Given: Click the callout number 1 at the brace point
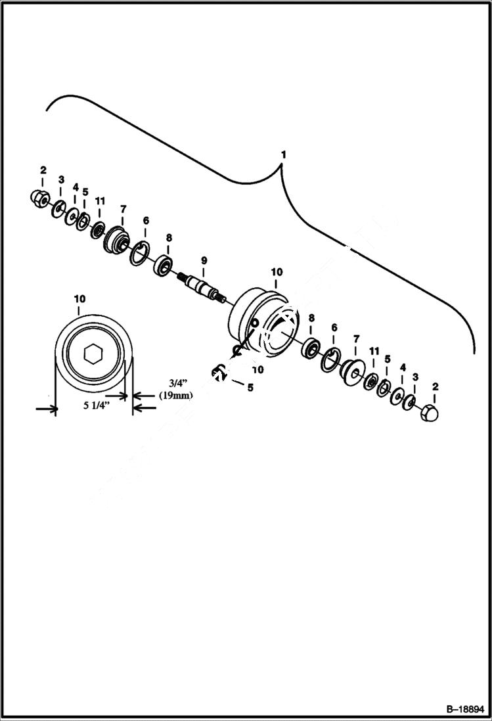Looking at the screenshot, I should tap(283, 154).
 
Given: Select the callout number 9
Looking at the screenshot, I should tap(204, 260).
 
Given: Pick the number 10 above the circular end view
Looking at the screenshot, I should tap(79, 299).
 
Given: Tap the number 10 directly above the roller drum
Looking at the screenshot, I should tap(276, 271).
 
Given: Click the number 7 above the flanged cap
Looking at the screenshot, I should tap(122, 209).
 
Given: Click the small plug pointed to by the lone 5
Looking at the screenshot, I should tap(219, 373).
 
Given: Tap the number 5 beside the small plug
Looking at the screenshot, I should tap(250, 387).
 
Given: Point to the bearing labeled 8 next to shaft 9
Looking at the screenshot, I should tap(162, 267).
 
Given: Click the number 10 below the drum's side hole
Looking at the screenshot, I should tap(257, 369).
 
